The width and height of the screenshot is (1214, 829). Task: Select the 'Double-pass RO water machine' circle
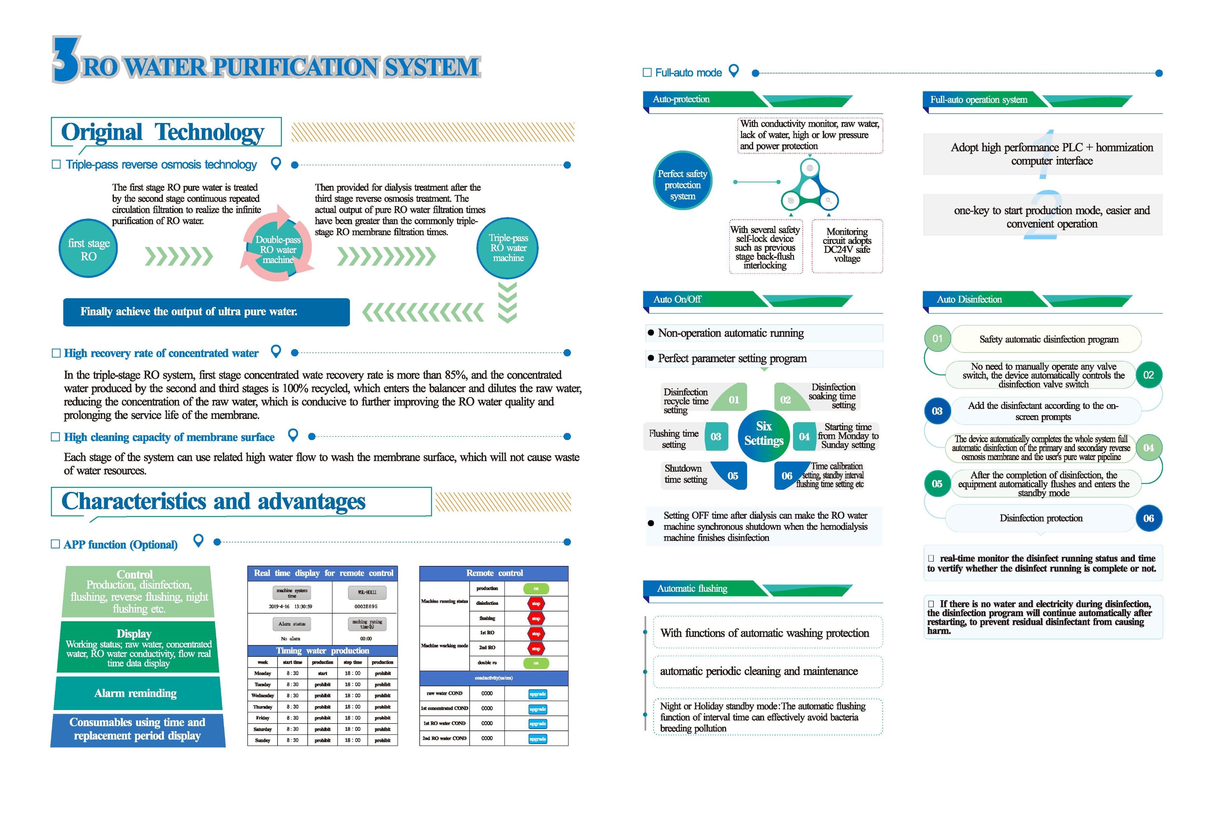tap(278, 249)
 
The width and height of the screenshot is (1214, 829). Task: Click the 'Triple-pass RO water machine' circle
tap(508, 248)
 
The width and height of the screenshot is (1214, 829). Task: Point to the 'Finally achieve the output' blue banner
tap(206, 312)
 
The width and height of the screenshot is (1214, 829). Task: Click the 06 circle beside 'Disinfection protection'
tap(1148, 518)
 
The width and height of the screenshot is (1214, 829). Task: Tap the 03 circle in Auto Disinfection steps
tap(937, 411)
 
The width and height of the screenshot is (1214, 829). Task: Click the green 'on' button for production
tap(536, 589)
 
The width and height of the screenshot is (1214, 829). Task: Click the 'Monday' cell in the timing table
tap(263, 673)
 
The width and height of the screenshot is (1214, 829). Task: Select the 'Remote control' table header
tap(494, 573)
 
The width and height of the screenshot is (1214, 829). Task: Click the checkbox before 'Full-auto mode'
tap(647, 73)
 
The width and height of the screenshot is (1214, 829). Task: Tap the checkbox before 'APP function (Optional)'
tap(55, 544)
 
